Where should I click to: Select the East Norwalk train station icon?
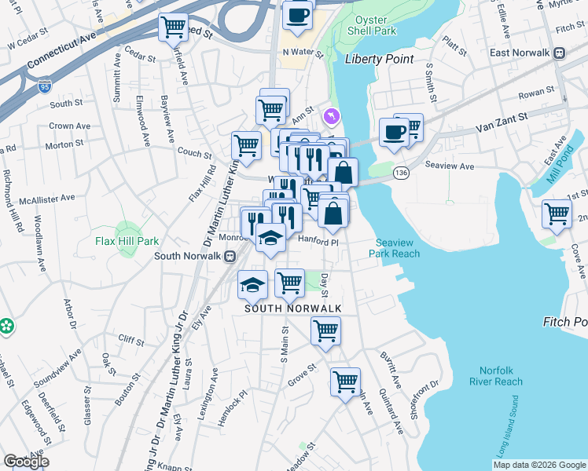pos(559,53)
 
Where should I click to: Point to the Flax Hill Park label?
pos(127,241)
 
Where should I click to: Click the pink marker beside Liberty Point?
pos(332,116)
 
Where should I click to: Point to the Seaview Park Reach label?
pos(398,248)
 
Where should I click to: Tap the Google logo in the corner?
pos(26,462)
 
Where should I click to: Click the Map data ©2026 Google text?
pos(539,465)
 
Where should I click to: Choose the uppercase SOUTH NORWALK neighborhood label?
pos(292,309)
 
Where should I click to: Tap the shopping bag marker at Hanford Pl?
pos(333,214)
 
